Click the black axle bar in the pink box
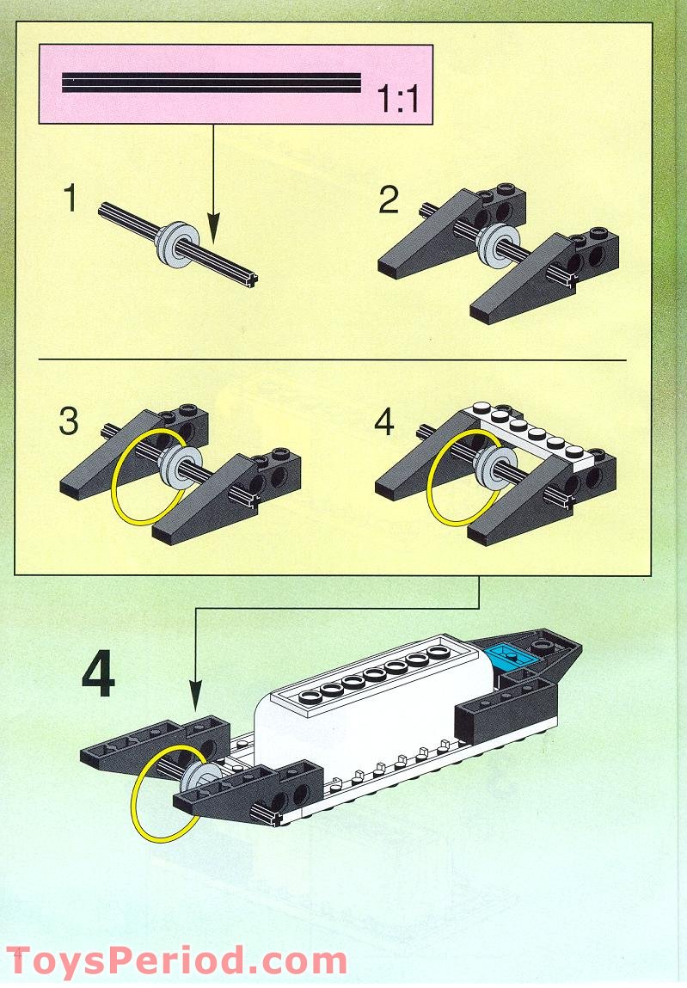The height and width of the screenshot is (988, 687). [x=211, y=83]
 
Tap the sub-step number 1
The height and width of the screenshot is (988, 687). [x=71, y=199]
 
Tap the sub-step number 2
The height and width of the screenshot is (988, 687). [x=389, y=200]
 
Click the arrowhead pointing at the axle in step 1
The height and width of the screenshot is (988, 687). [x=212, y=234]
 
